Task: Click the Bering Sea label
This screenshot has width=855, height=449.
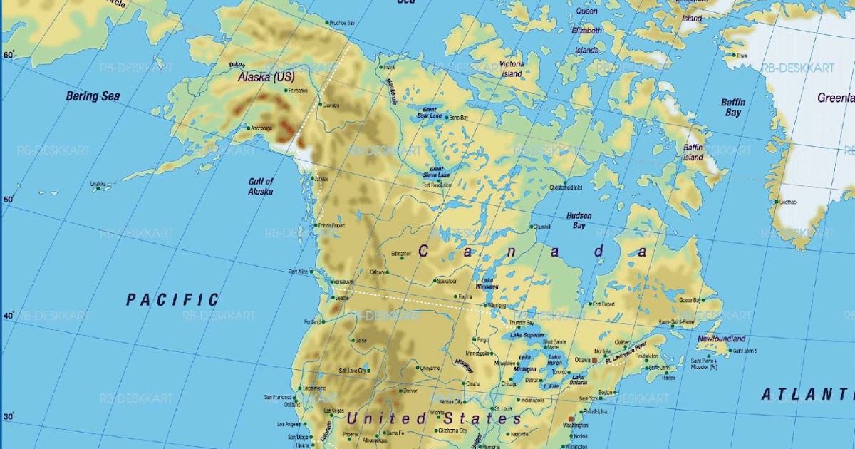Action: [93, 96]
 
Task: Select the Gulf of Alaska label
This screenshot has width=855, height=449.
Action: [261, 186]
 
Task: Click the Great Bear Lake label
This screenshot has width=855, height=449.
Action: [429, 113]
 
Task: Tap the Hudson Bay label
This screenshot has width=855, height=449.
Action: [579, 220]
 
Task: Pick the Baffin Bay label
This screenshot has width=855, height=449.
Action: [732, 108]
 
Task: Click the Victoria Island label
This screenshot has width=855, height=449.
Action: [512, 68]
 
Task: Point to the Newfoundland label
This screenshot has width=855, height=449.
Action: [722, 339]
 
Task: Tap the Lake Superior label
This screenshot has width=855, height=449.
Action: [527, 335]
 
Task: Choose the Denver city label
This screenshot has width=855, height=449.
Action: [410, 391]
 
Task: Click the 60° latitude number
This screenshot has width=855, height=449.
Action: [9, 55]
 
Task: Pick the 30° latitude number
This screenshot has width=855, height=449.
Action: [9, 416]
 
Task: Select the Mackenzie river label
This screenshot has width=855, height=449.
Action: [393, 92]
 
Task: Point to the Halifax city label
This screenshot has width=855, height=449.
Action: [668, 377]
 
